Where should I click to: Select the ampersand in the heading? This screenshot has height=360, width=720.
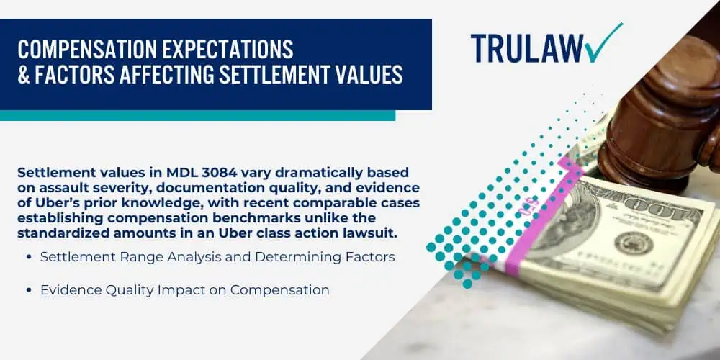click(24, 75)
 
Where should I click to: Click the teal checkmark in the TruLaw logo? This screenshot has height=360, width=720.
click(604, 42)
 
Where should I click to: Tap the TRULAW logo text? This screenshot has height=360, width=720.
click(527, 48)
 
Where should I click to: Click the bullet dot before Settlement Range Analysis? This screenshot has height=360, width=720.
click(30, 258)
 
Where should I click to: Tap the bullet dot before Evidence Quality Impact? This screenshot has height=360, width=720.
click(30, 291)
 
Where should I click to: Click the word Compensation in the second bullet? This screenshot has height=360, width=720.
click(279, 290)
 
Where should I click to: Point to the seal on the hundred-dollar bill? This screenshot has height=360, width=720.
click(633, 243)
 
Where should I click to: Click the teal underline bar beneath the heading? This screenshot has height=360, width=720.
click(197, 115)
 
